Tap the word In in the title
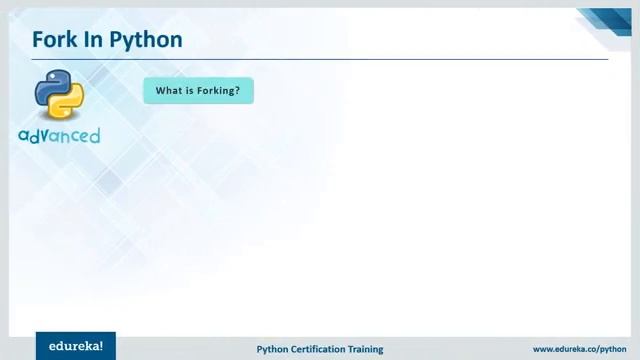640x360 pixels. (96, 40)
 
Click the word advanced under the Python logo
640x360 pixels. (59, 135)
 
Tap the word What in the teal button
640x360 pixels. (168, 91)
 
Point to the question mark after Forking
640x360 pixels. (238, 91)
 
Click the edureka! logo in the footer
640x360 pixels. (75, 346)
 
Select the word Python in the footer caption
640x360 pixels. (273, 349)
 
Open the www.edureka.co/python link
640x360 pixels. (579, 349)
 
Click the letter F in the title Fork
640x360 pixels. (39, 40)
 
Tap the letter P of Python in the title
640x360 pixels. (117, 40)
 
